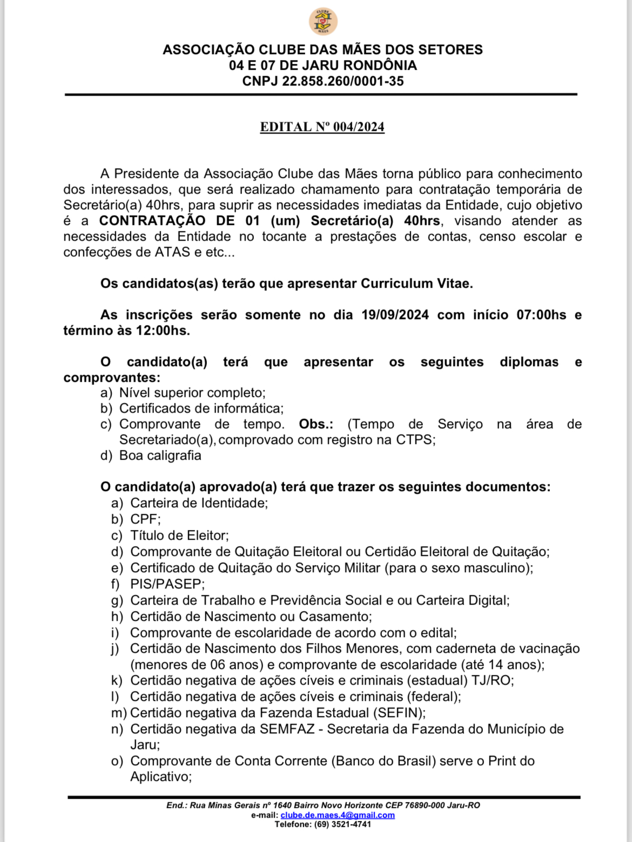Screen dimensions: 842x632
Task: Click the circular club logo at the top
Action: pyautogui.click(x=323, y=22)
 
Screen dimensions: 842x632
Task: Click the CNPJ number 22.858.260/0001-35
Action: pyautogui.click(x=342, y=81)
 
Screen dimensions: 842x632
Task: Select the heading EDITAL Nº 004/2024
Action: pyautogui.click(x=322, y=127)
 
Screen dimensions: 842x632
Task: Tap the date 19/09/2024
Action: pyautogui.click(x=395, y=315)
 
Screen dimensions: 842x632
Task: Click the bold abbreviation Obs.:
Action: pyautogui.click(x=316, y=424)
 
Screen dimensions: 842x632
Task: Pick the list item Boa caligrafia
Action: pyautogui.click(x=160, y=455)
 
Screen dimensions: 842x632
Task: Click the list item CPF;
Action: pyautogui.click(x=145, y=519)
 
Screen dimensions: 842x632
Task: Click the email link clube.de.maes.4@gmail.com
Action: pyautogui.click(x=337, y=815)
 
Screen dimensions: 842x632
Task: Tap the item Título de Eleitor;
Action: pyautogui.click(x=179, y=535)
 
